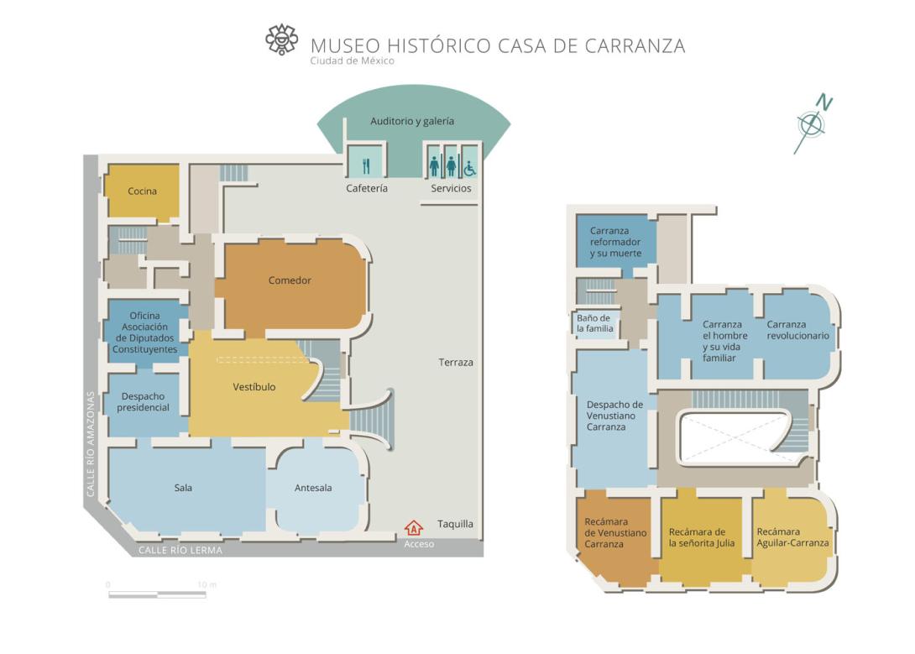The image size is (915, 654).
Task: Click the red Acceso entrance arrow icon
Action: click(414, 528)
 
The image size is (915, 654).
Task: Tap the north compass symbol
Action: click(813, 123)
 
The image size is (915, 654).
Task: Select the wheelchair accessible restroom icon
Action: click(470, 168)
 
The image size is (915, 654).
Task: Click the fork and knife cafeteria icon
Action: click(366, 166)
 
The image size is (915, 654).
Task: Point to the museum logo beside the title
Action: click(281, 39)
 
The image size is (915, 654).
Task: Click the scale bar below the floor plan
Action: click(157, 594)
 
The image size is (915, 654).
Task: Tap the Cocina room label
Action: click(143, 191)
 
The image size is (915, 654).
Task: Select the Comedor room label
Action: click(290, 280)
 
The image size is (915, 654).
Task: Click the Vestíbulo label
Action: click(254, 387)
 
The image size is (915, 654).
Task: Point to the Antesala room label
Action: click(313, 488)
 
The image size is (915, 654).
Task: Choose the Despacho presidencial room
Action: click(143, 402)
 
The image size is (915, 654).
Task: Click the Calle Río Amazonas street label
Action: click(91, 444)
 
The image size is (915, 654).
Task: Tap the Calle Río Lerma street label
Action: click(180, 550)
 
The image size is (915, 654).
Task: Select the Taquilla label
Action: click(455, 524)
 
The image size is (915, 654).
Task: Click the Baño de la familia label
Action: click(594, 323)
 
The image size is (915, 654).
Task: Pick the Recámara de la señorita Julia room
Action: click(702, 537)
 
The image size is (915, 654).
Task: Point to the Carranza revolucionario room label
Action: click(797, 330)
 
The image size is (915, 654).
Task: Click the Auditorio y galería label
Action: click(412, 121)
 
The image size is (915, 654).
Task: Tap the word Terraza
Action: click(456, 363)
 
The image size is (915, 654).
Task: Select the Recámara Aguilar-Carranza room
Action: click(792, 537)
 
